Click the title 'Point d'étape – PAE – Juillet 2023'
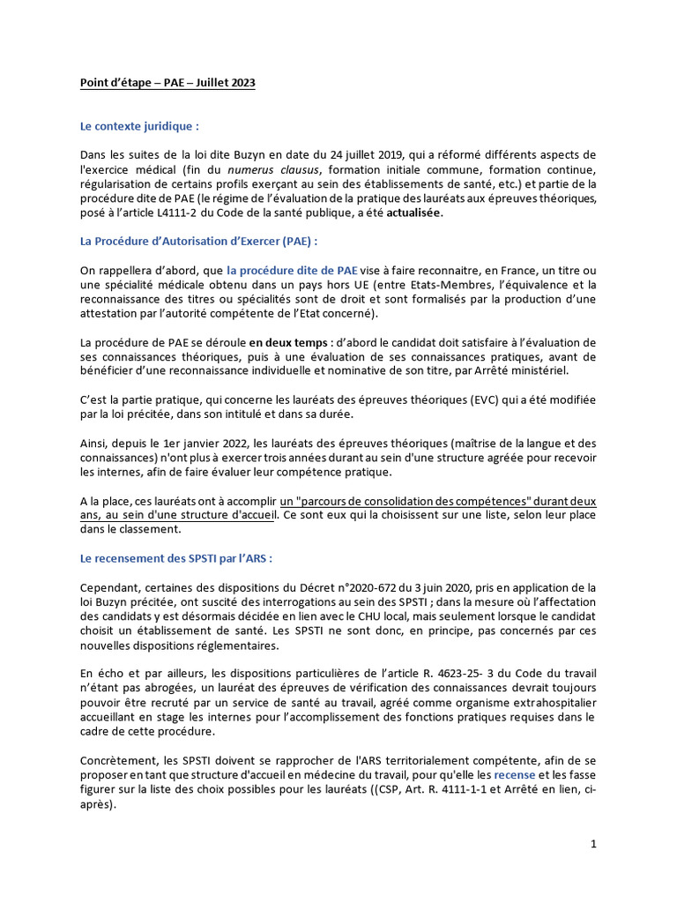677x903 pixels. click(x=167, y=83)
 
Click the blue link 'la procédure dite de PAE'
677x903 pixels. click(x=292, y=270)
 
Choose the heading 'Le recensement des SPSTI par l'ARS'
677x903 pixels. click(x=176, y=558)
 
